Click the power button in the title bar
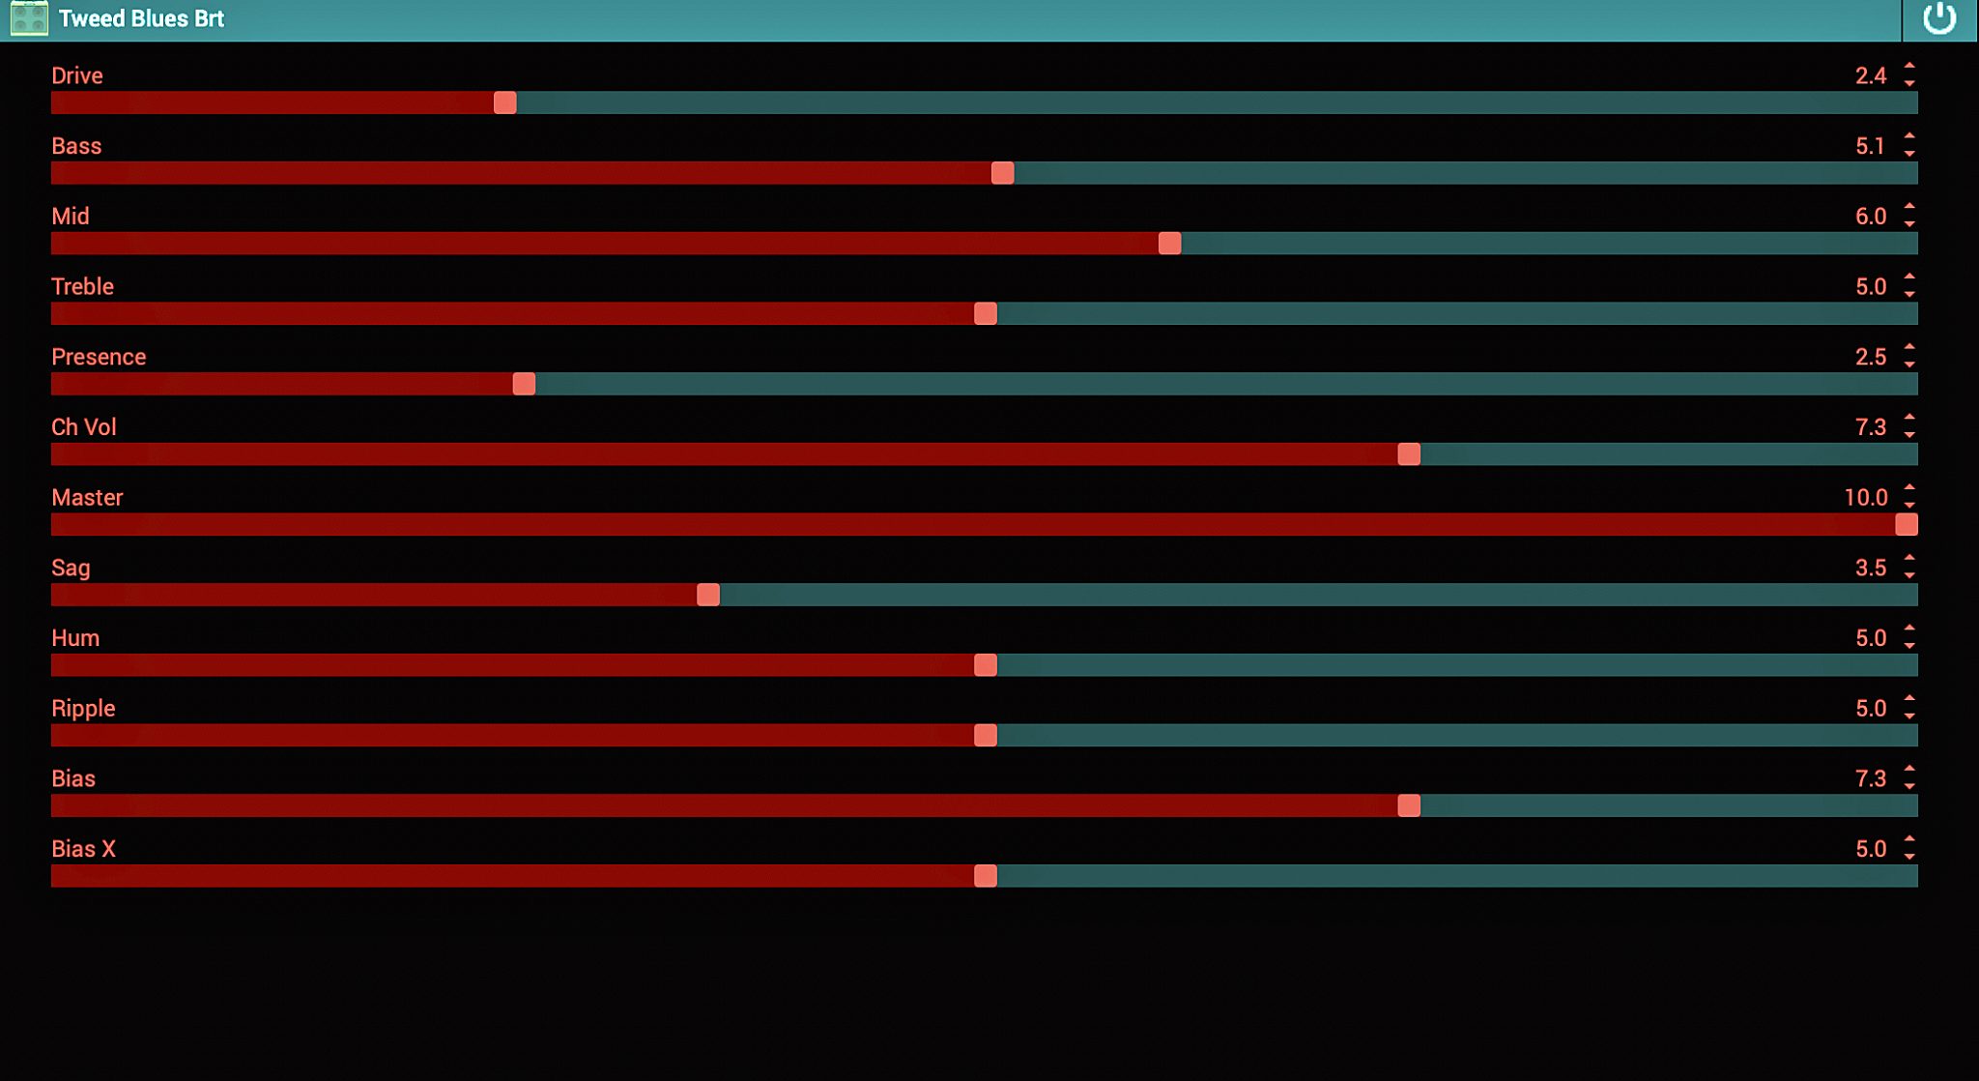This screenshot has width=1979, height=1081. coord(1938,18)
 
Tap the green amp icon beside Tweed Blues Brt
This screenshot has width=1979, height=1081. coord(29,18)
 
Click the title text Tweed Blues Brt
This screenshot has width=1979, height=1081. coord(141,18)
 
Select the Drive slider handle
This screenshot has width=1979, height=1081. coord(504,102)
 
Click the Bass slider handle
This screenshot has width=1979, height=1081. coord(1002,173)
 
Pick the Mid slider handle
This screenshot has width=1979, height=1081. coord(1169,244)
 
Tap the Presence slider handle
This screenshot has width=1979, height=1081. coord(524,384)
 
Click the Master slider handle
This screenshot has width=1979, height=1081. coord(1906,524)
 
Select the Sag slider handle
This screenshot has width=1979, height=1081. coord(707,595)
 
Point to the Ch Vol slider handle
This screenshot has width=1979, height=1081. coord(1409,454)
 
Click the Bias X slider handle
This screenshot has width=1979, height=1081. coord(985,876)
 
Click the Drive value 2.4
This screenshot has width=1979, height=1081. coord(1870,75)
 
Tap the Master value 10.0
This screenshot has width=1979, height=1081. coord(1865,497)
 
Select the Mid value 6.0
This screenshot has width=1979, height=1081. coord(1870,216)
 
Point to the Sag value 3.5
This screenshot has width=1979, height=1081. coord(1870,568)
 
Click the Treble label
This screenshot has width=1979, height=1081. coord(82,286)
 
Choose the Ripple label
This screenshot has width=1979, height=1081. coord(83,708)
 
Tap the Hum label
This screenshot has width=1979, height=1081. coord(75,638)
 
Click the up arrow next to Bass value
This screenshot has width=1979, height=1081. coord(1909,136)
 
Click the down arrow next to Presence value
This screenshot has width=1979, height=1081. coord(1909,365)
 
